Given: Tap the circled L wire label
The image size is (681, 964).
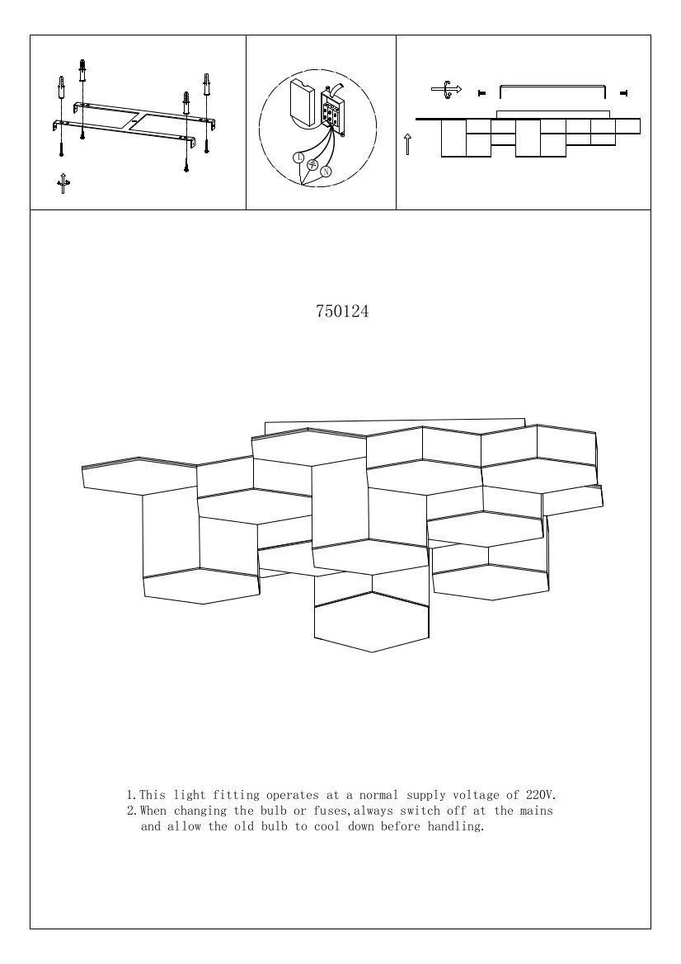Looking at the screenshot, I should pos(298,157).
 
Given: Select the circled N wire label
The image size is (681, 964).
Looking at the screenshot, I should pos(326,172).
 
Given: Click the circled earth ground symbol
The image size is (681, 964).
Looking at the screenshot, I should pos(312,165).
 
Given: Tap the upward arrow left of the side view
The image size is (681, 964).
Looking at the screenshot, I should pos(408,144).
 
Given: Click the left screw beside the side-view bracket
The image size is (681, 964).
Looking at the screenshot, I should pos(481,92).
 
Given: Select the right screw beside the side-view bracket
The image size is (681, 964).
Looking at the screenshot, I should pos(623,92).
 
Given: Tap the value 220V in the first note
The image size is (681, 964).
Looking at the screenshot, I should pos(541,796).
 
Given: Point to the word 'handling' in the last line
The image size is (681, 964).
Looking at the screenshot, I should pos(456,826).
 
